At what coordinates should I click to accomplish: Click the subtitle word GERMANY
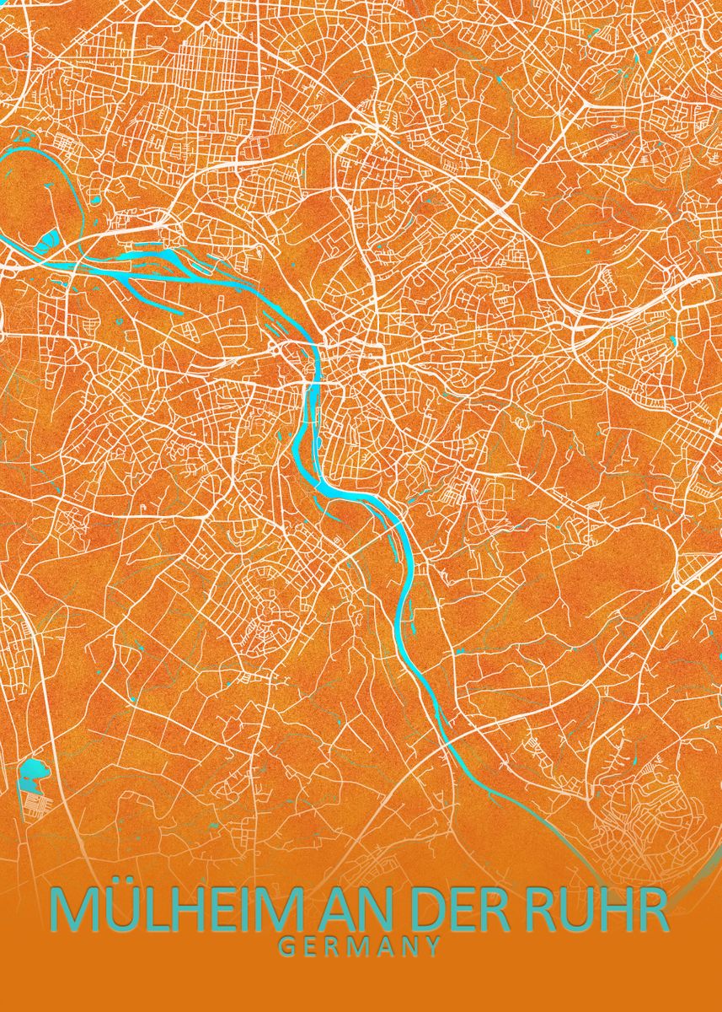coord(360,946)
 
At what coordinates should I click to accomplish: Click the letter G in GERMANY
coord(286,946)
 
